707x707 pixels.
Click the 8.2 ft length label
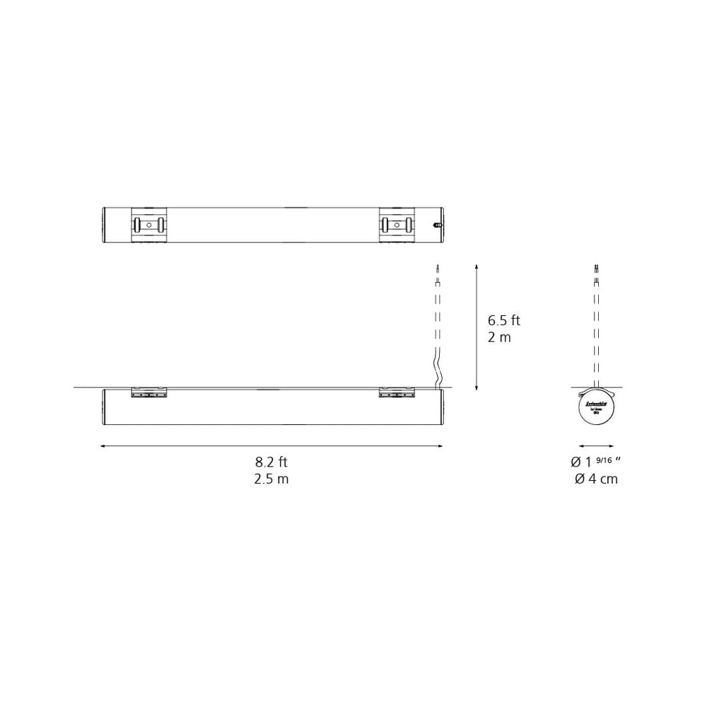[271, 462]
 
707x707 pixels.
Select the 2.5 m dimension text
[271, 479]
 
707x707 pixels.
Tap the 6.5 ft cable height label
[503, 320]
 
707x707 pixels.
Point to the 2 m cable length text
[499, 337]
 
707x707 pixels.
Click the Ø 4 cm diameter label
[596, 479]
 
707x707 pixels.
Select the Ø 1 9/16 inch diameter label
[595, 462]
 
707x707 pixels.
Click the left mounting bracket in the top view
[148, 225]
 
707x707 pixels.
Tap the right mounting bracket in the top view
[397, 225]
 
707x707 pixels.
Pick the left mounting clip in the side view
[148, 392]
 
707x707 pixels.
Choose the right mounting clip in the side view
[397, 392]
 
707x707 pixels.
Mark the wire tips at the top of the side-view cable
[438, 268]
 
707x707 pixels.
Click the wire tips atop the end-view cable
[596, 268]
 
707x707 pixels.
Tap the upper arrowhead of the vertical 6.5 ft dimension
[477, 267]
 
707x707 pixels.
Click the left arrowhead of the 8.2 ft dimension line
[103, 446]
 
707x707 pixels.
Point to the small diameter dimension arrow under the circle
[596, 446]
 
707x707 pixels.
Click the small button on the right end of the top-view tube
[437, 226]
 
